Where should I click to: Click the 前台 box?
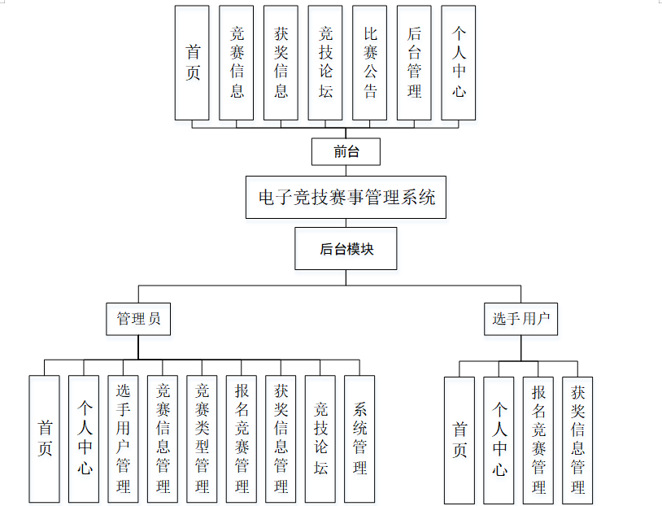pyautogui.click(x=346, y=151)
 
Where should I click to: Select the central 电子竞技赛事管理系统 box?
pyautogui.click(x=346, y=198)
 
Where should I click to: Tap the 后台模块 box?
pyautogui.click(x=346, y=249)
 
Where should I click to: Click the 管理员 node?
pyautogui.click(x=138, y=319)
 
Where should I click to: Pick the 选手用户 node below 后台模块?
pyautogui.click(x=520, y=319)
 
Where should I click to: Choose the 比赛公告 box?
pyautogui.click(x=370, y=63)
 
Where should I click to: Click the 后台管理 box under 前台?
pyautogui.click(x=415, y=63)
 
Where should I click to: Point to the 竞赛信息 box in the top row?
pyautogui.click(x=237, y=63)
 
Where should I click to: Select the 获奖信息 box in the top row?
pyautogui.click(x=281, y=63)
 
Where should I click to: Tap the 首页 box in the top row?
pyautogui.click(x=193, y=63)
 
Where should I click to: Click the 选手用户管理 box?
pyautogui.click(x=124, y=438)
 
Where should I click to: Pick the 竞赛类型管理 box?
pyautogui.click(x=203, y=438)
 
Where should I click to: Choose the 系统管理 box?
pyautogui.click(x=359, y=438)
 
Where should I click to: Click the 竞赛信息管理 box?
pyautogui.click(x=163, y=438)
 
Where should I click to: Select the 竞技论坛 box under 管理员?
pyautogui.click(x=320, y=438)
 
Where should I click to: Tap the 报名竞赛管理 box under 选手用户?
pyautogui.click(x=538, y=440)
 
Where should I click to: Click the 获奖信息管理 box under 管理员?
pyautogui.click(x=281, y=438)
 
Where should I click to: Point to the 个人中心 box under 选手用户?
pyautogui.click(x=499, y=440)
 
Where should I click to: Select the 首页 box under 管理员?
pyautogui.click(x=45, y=438)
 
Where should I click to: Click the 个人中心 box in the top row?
pyautogui.click(x=459, y=63)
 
